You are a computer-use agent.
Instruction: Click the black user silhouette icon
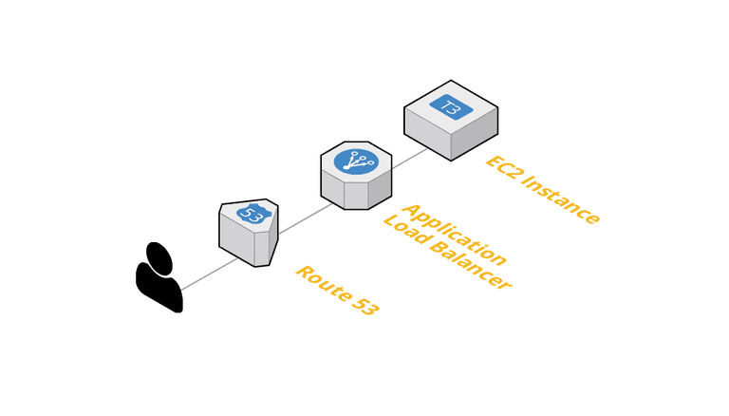[x=159, y=280]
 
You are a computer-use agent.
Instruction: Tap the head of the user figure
[x=159, y=257]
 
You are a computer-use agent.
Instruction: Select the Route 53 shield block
[x=248, y=233]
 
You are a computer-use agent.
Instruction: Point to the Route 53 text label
[x=337, y=291]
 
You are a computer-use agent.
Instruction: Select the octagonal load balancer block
[x=356, y=176]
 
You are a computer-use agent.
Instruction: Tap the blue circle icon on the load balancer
[x=356, y=161]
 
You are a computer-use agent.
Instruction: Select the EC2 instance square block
[x=451, y=120]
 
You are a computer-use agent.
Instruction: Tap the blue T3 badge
[x=451, y=106]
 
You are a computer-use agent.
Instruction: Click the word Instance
[x=561, y=201]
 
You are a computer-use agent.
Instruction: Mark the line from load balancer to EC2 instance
[x=410, y=154]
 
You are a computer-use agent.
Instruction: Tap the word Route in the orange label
[x=319, y=280]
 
